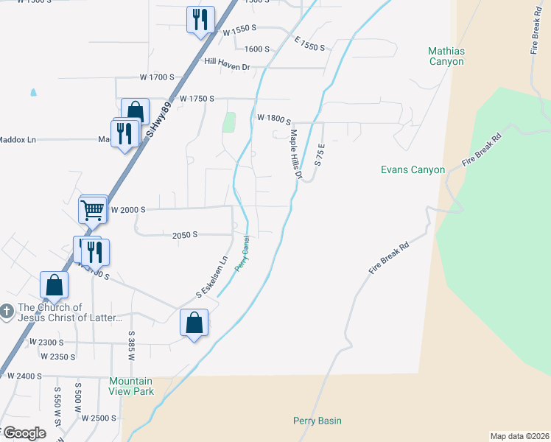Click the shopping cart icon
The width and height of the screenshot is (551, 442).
pos(94,210)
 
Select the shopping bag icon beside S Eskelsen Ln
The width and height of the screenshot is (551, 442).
pos(194,323)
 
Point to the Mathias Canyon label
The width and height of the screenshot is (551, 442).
pos(446,56)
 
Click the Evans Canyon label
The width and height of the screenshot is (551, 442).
pos(413,169)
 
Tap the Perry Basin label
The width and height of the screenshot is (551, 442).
pos(317,421)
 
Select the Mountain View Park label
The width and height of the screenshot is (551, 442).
pos(132,386)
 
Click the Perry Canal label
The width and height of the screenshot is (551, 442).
pos(242,253)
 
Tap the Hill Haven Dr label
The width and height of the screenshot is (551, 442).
pos(228,67)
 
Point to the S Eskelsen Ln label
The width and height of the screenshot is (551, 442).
pos(210,277)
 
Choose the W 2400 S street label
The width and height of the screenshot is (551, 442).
pos(24,375)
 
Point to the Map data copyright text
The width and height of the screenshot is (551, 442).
pos(519,435)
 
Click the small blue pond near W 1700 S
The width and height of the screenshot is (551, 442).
pos(32,94)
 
